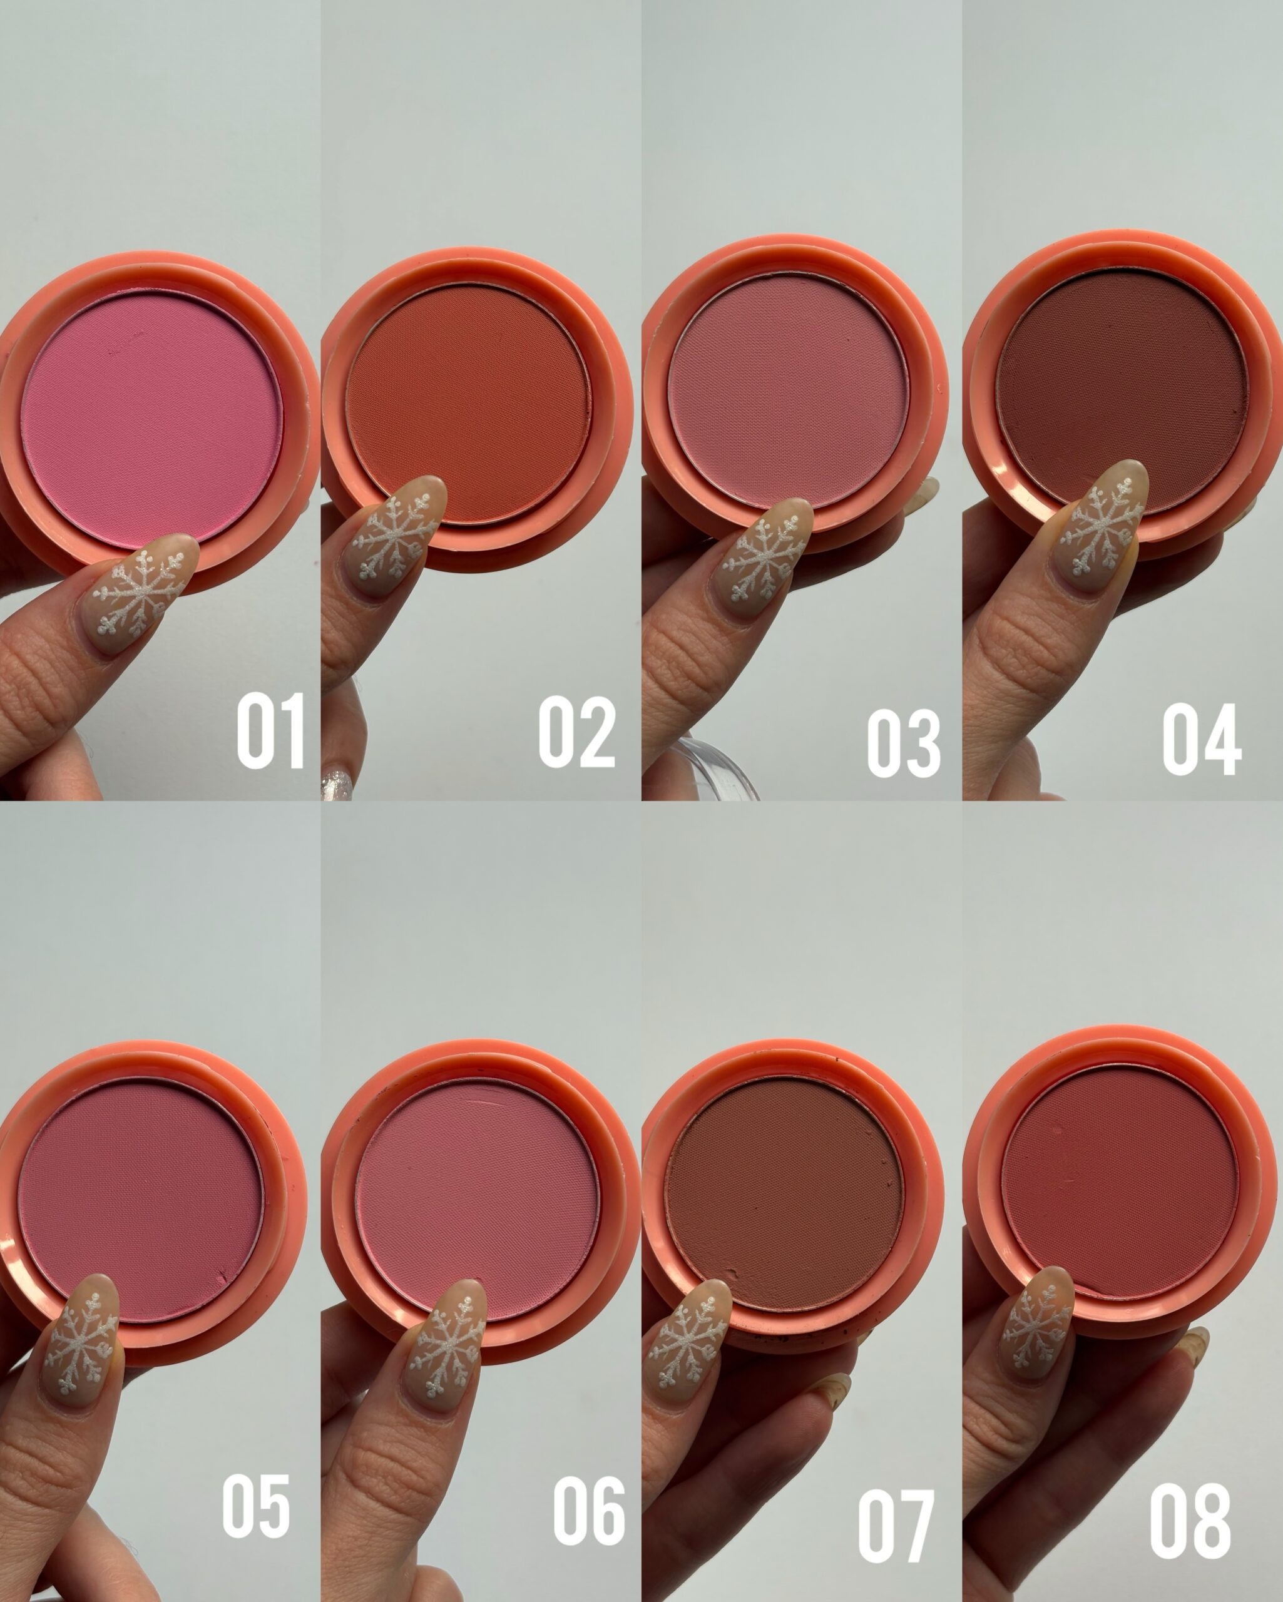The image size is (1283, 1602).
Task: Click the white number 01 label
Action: [270, 730]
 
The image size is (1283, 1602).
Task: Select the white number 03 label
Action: [904, 743]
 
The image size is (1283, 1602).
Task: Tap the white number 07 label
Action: [896, 1524]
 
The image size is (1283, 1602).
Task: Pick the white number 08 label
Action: [1191, 1519]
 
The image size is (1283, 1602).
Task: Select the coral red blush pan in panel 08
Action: [1120, 1183]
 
